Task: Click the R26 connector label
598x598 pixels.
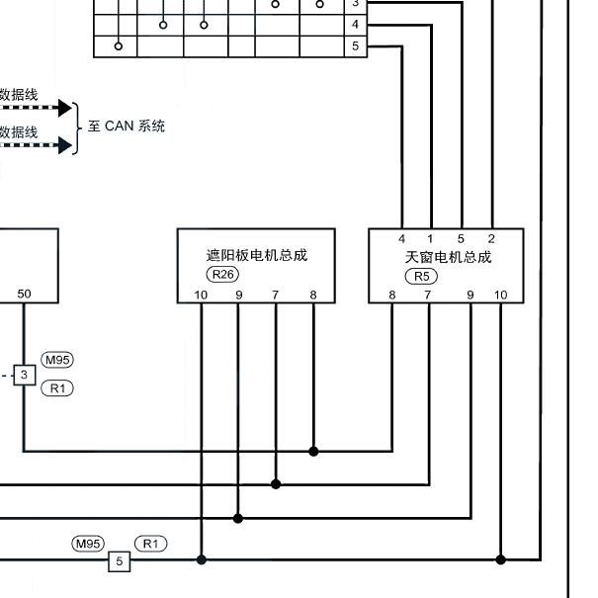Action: point(222,274)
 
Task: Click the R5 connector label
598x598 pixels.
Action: point(421,276)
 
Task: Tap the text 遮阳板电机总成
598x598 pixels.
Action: point(257,255)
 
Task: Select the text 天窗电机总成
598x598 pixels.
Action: point(448,257)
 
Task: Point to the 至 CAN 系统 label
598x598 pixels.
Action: point(127,126)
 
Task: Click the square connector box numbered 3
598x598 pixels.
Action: point(25,375)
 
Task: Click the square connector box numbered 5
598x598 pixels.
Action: point(119,561)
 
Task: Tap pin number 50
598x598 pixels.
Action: point(24,294)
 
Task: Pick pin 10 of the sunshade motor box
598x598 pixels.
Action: point(201,295)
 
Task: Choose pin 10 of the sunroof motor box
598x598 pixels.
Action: point(500,295)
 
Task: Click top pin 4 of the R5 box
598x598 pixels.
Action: point(401,239)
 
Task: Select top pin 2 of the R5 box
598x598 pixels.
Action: point(491,239)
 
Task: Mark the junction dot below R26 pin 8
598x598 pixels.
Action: point(313,452)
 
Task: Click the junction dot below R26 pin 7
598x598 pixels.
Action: point(276,484)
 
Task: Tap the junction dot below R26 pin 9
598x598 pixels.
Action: point(238,518)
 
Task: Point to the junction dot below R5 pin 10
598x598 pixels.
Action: point(501,559)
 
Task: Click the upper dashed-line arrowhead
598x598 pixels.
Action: point(65,108)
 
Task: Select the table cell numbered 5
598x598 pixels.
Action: point(356,46)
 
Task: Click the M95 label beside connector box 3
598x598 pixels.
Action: point(57,360)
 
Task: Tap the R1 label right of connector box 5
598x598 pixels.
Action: point(150,544)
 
